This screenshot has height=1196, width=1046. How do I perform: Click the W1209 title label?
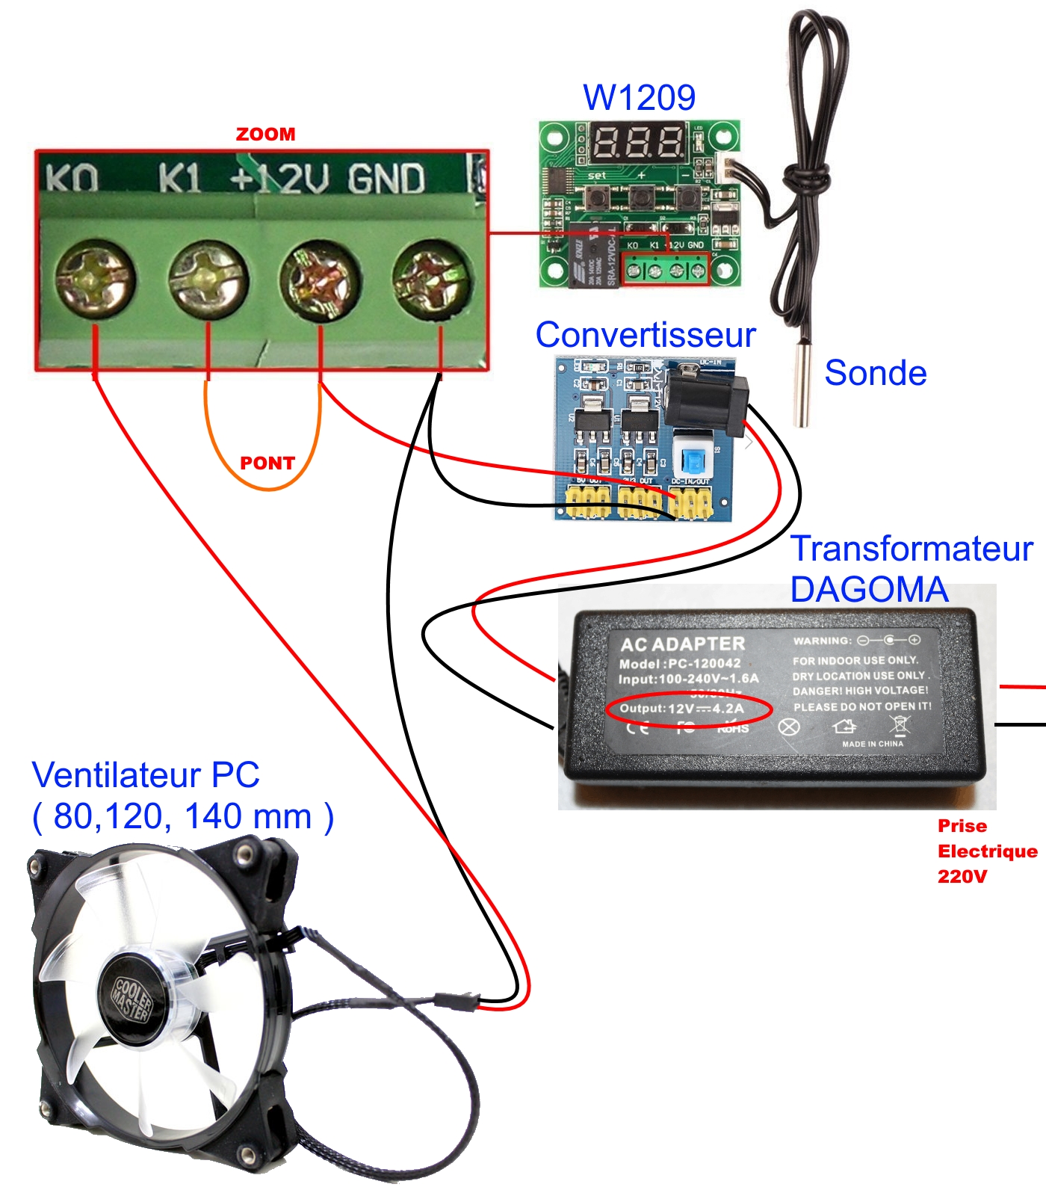639,97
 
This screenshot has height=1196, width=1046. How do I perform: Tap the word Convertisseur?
646,335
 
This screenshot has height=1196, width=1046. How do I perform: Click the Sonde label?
875,373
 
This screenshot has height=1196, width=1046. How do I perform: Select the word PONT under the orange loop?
267,463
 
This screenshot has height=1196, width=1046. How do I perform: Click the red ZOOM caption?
266,135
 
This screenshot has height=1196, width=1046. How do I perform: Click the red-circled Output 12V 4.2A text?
682,709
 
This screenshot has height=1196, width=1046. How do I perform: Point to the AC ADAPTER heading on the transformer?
683,644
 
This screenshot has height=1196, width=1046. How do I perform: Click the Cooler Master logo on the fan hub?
131,999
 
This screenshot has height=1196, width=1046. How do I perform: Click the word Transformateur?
912,549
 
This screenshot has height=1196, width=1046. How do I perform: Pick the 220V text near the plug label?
962,877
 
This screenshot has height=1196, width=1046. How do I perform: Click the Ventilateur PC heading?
146,776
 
